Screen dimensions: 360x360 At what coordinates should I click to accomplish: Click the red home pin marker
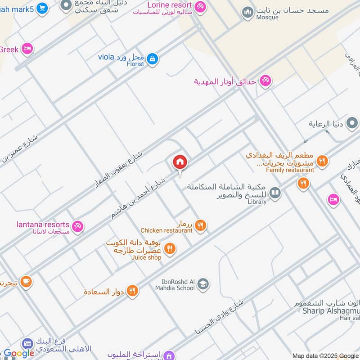point(180,162)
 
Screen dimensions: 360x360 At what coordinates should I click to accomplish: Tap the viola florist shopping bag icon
point(153,58)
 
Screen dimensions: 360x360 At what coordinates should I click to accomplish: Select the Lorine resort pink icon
point(200,7)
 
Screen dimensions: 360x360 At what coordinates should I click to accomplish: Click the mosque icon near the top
point(247,13)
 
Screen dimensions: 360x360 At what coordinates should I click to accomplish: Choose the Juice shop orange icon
point(170,248)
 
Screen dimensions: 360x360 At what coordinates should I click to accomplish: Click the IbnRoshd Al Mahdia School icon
point(203,284)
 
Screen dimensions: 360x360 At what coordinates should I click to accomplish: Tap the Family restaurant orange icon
point(322,162)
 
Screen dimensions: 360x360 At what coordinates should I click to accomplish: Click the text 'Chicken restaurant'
point(166,230)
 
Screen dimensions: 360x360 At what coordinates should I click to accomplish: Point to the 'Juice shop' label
point(146,257)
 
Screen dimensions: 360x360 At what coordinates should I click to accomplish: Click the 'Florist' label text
point(135,64)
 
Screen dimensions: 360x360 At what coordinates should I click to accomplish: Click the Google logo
point(19,353)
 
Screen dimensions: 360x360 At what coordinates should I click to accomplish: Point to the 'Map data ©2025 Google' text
point(325,355)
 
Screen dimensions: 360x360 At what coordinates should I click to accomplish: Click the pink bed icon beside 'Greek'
point(27,49)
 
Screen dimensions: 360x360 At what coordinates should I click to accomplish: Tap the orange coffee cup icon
point(26,282)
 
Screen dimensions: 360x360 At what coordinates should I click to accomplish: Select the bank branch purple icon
point(27,344)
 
